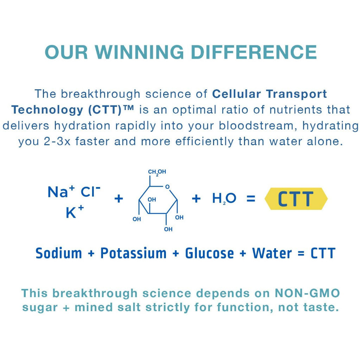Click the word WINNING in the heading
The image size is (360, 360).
click(139, 52)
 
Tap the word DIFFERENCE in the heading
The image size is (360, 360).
click(254, 52)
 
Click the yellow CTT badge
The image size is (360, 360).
click(296, 199)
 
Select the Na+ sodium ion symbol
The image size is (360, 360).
click(61, 192)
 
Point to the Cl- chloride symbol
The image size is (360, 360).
click(90, 192)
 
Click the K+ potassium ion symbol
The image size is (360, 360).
click(75, 212)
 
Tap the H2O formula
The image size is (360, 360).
click(224, 198)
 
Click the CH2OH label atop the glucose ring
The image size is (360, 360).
click(157, 172)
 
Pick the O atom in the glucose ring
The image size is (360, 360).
click(167, 187)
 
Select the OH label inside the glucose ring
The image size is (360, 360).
click(152, 200)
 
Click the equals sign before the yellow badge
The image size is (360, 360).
click(251, 199)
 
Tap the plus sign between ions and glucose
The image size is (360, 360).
click(119, 199)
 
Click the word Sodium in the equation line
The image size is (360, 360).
click(59, 253)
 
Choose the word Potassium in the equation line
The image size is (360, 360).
click(133, 253)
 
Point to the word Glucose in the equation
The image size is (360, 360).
click(210, 253)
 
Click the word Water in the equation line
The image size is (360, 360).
click(272, 253)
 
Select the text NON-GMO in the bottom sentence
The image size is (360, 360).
click(307, 293)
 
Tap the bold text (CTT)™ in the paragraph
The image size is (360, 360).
click(111, 110)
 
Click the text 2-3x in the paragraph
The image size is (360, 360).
click(57, 141)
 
